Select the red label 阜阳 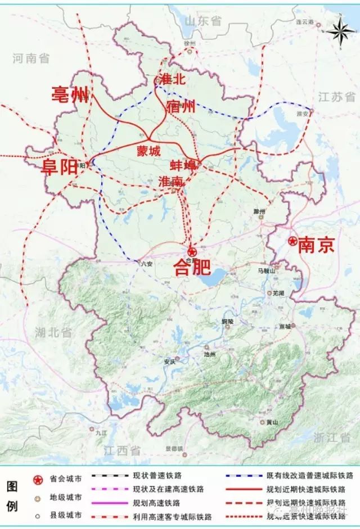[x=60, y=167]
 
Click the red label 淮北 [x=172, y=79]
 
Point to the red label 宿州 [x=181, y=106]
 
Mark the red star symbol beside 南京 [x=292, y=241]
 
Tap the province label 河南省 [x=31, y=57]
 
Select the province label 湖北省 [x=53, y=333]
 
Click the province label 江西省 [x=122, y=450]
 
